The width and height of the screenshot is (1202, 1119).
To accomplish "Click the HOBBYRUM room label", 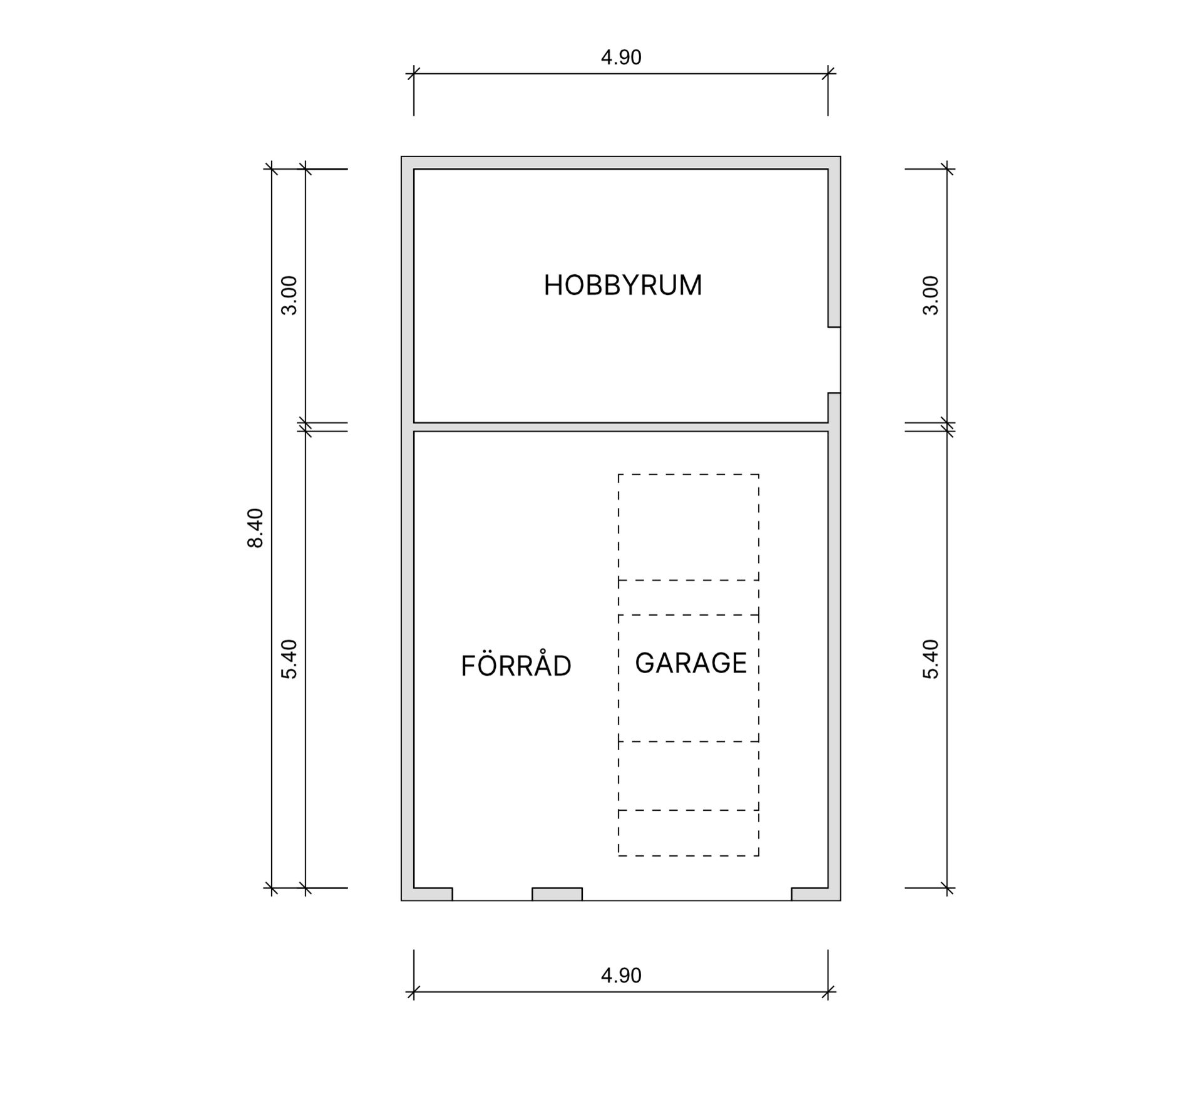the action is (x=622, y=286).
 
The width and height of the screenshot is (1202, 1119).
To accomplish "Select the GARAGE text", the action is (x=691, y=663).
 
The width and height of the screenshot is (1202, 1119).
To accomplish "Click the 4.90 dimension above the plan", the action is (x=621, y=58).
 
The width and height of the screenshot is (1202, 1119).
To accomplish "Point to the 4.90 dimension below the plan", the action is (x=621, y=976).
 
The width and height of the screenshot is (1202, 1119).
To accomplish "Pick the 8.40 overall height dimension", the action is (x=255, y=528).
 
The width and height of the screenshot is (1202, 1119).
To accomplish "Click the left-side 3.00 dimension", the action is (x=289, y=296).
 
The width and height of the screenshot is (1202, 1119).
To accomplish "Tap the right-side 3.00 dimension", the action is (x=931, y=296).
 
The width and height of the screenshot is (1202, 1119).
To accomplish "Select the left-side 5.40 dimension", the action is (x=289, y=659).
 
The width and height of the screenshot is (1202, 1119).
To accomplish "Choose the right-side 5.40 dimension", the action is (x=931, y=659).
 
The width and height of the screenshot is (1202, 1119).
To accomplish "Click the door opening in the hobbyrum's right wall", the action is (x=834, y=360).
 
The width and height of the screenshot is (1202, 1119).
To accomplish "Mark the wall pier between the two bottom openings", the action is (x=557, y=894).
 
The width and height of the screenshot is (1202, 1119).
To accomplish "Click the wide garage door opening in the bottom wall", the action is (x=687, y=894).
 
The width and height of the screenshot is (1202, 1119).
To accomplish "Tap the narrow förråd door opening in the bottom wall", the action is (x=492, y=894).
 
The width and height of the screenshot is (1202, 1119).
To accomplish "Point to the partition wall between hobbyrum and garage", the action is (x=621, y=427).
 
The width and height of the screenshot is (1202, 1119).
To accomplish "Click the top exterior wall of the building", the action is (x=621, y=163).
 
